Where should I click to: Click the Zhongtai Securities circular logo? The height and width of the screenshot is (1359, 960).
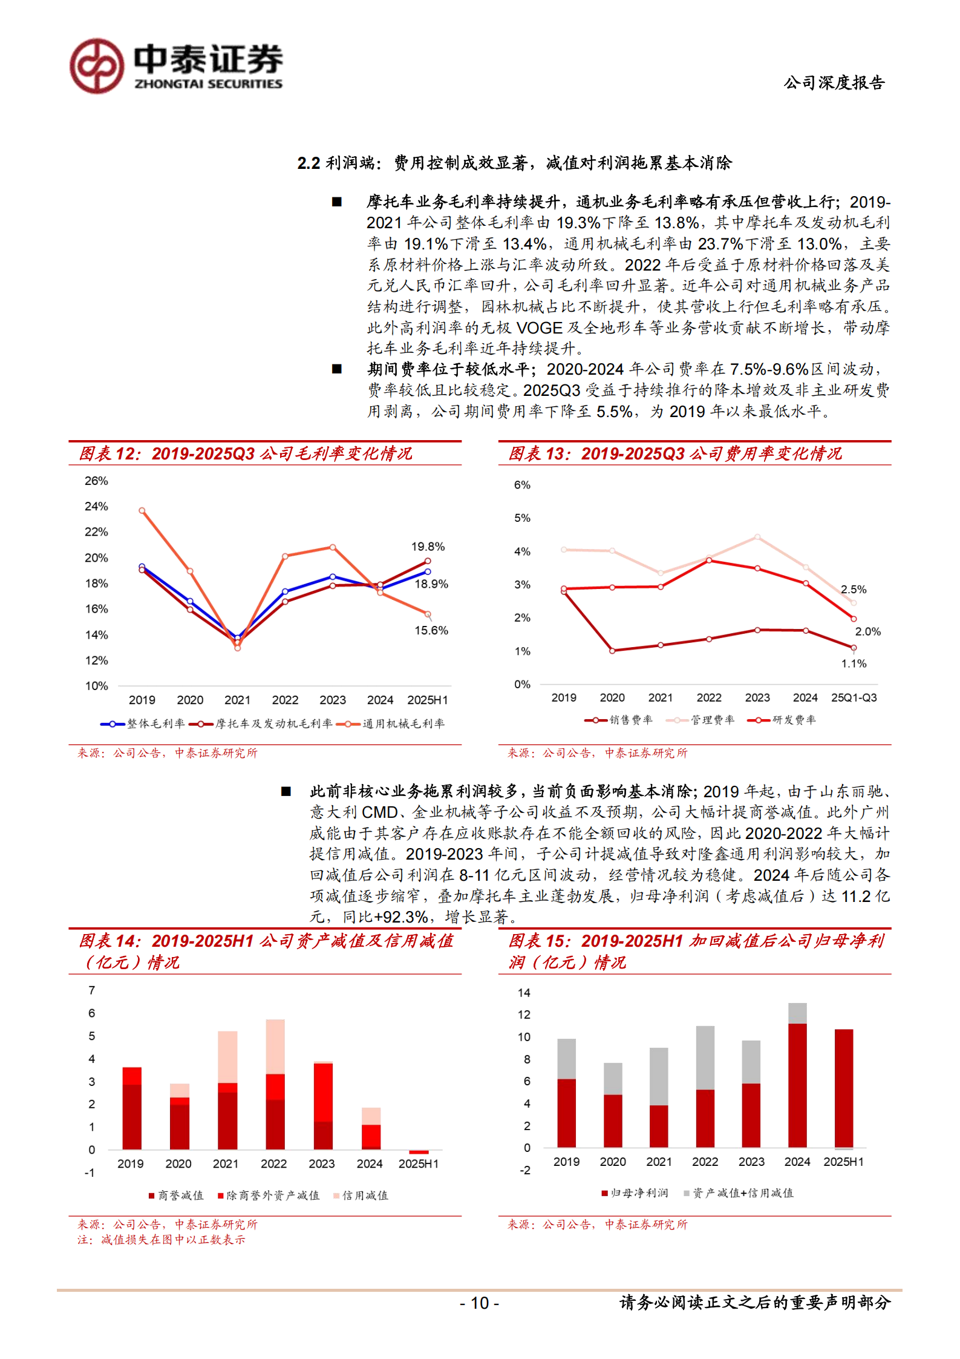pos(97,66)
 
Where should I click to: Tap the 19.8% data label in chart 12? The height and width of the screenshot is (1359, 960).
pos(428,547)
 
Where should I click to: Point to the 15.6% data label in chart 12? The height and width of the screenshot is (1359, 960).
pos(431,630)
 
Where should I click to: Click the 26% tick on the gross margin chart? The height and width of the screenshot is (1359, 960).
pos(96,481)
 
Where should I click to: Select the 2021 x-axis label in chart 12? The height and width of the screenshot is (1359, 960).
pos(237,700)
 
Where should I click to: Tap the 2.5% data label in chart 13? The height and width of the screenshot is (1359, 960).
pos(853,589)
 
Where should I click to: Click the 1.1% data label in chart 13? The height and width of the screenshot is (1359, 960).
pos(854,663)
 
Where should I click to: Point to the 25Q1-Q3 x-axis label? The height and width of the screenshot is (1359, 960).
pos(854,697)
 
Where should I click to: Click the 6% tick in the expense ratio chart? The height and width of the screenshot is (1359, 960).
pos(522,485)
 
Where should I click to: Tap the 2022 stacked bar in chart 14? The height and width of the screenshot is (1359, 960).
pos(275,1084)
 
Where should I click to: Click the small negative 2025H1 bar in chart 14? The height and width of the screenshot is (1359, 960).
pos(419,1151)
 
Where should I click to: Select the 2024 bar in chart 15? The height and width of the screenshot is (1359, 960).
pos(797,1078)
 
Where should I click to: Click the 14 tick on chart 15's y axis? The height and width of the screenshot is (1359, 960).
pos(524,993)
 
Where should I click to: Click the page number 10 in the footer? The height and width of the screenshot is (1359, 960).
pos(480,1303)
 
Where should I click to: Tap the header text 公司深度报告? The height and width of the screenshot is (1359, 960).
pos(834,82)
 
